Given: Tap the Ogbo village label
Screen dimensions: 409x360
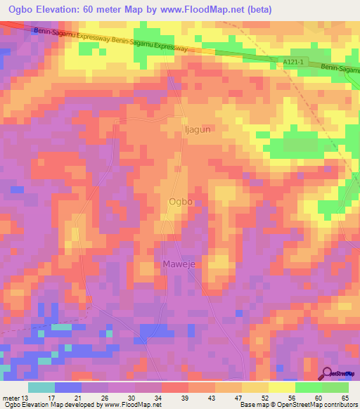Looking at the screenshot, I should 181,202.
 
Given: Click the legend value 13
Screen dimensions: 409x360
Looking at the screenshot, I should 25,397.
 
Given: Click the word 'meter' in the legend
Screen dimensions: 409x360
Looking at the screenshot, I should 11,397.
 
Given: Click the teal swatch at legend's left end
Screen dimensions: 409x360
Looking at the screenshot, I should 41,387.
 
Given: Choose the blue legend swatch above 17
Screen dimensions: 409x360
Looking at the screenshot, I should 67,387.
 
